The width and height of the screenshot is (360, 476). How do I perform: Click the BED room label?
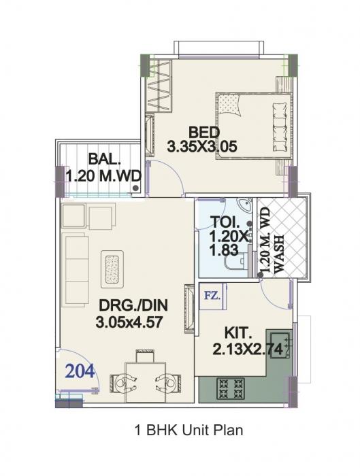(203, 131)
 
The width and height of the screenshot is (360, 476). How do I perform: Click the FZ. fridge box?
(212, 296)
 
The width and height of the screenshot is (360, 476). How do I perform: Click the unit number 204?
(81, 372)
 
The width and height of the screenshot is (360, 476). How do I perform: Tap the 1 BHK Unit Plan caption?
(179, 430)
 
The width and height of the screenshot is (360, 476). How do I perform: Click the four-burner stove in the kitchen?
(230, 388)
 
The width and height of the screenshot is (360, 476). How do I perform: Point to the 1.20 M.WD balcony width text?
(103, 176)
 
